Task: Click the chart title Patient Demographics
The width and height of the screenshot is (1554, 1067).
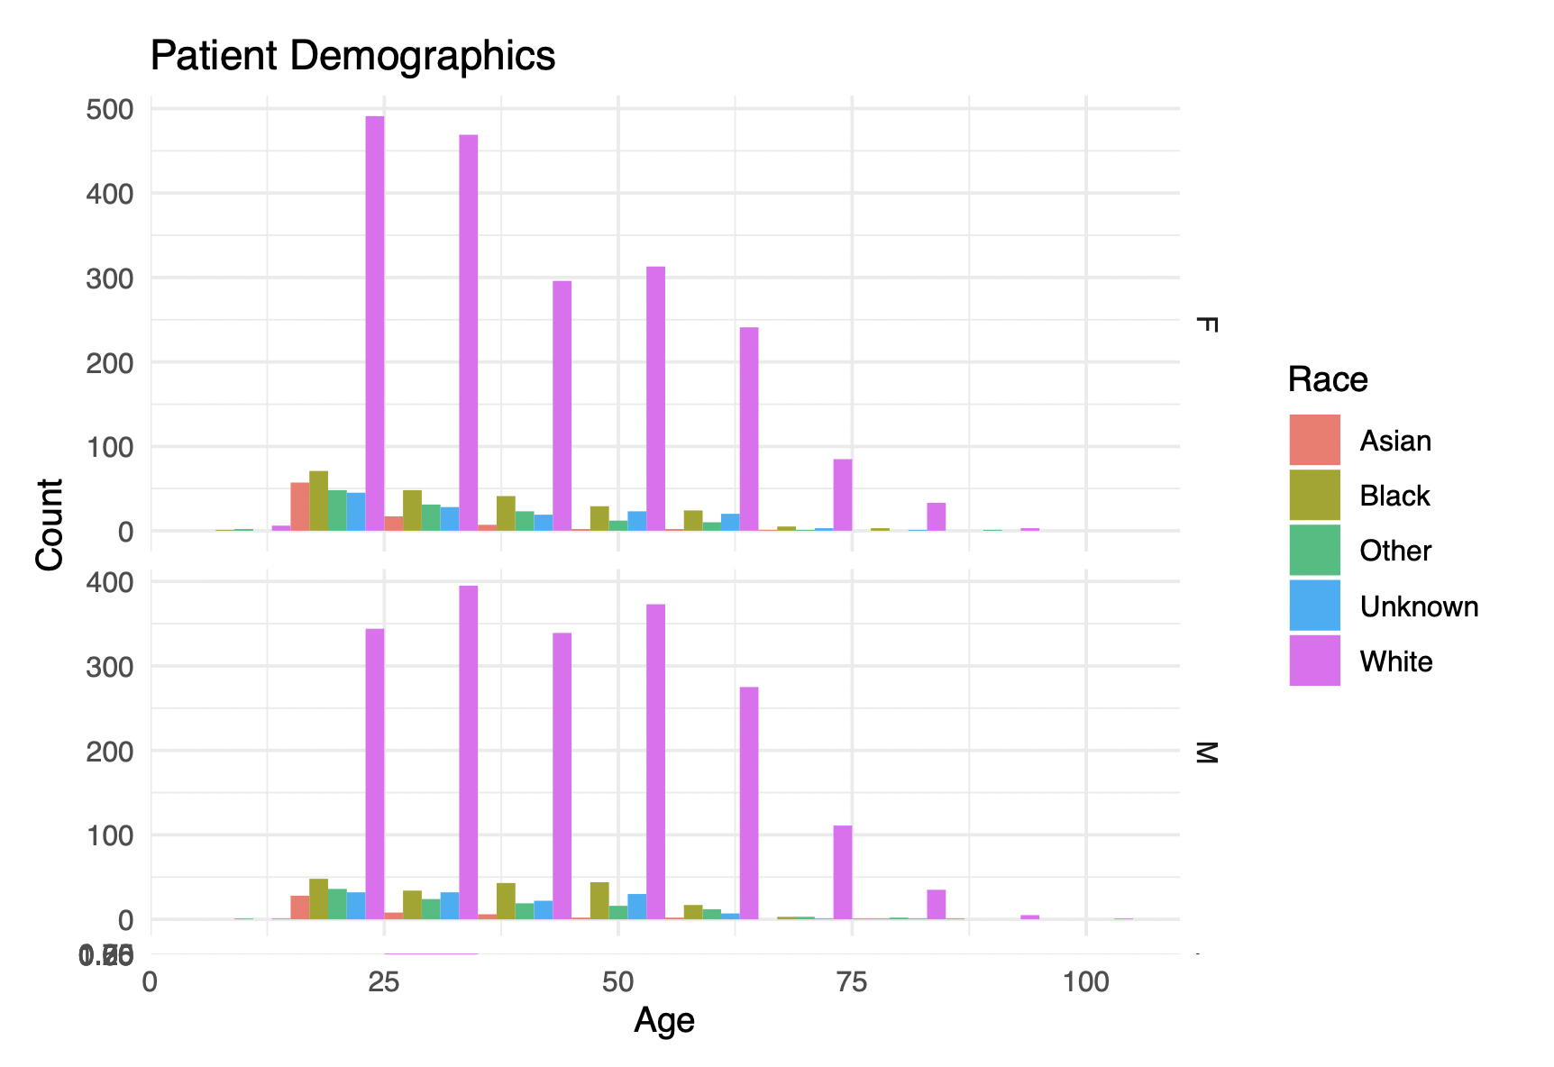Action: (x=352, y=56)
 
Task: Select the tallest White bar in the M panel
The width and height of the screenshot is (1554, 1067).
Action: (x=469, y=752)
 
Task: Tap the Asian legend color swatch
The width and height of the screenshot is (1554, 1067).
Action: (x=1314, y=440)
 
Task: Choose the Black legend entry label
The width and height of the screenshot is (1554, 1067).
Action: (x=1394, y=496)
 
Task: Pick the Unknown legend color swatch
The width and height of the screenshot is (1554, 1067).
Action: (x=1314, y=606)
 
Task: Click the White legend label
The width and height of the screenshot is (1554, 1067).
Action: (x=1395, y=661)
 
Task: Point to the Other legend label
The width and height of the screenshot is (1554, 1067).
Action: (x=1394, y=551)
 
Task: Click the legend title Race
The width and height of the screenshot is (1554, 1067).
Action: (x=1327, y=379)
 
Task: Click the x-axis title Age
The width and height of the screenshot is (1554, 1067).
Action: (x=664, y=1021)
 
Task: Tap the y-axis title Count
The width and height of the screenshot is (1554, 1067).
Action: (x=50, y=524)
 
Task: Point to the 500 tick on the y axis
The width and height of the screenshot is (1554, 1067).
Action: (x=110, y=109)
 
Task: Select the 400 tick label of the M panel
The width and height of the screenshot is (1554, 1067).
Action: (x=110, y=582)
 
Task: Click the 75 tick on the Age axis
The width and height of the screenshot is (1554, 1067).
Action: (x=852, y=981)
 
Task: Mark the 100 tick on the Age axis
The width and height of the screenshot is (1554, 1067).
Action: (x=1085, y=981)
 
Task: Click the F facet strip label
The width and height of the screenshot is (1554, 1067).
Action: (x=1205, y=324)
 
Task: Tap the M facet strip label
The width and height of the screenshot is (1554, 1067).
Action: (x=1205, y=752)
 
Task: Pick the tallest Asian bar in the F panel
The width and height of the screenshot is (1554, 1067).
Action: (x=300, y=506)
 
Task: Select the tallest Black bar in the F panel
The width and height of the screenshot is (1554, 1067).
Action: (x=319, y=500)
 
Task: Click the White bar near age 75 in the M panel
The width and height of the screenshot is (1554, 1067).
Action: (x=843, y=871)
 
